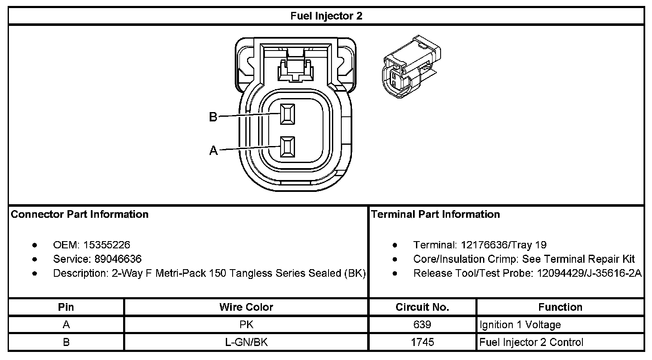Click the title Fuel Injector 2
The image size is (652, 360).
326,16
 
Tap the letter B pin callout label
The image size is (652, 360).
213,117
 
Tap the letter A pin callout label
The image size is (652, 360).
213,150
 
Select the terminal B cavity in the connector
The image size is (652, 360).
287,114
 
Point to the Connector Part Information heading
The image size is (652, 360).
80,214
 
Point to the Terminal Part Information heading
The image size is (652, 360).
436,214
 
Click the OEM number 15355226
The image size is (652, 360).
107,245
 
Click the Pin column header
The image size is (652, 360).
66,307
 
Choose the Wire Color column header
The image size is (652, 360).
246,307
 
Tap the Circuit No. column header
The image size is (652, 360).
422,307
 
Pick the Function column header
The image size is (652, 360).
560,307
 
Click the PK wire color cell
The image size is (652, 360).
246,325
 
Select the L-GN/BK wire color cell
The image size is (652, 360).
246,342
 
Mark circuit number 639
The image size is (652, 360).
422,325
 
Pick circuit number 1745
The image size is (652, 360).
422,342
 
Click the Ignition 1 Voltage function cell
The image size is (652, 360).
520,325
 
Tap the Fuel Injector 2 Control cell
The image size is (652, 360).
531,342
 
